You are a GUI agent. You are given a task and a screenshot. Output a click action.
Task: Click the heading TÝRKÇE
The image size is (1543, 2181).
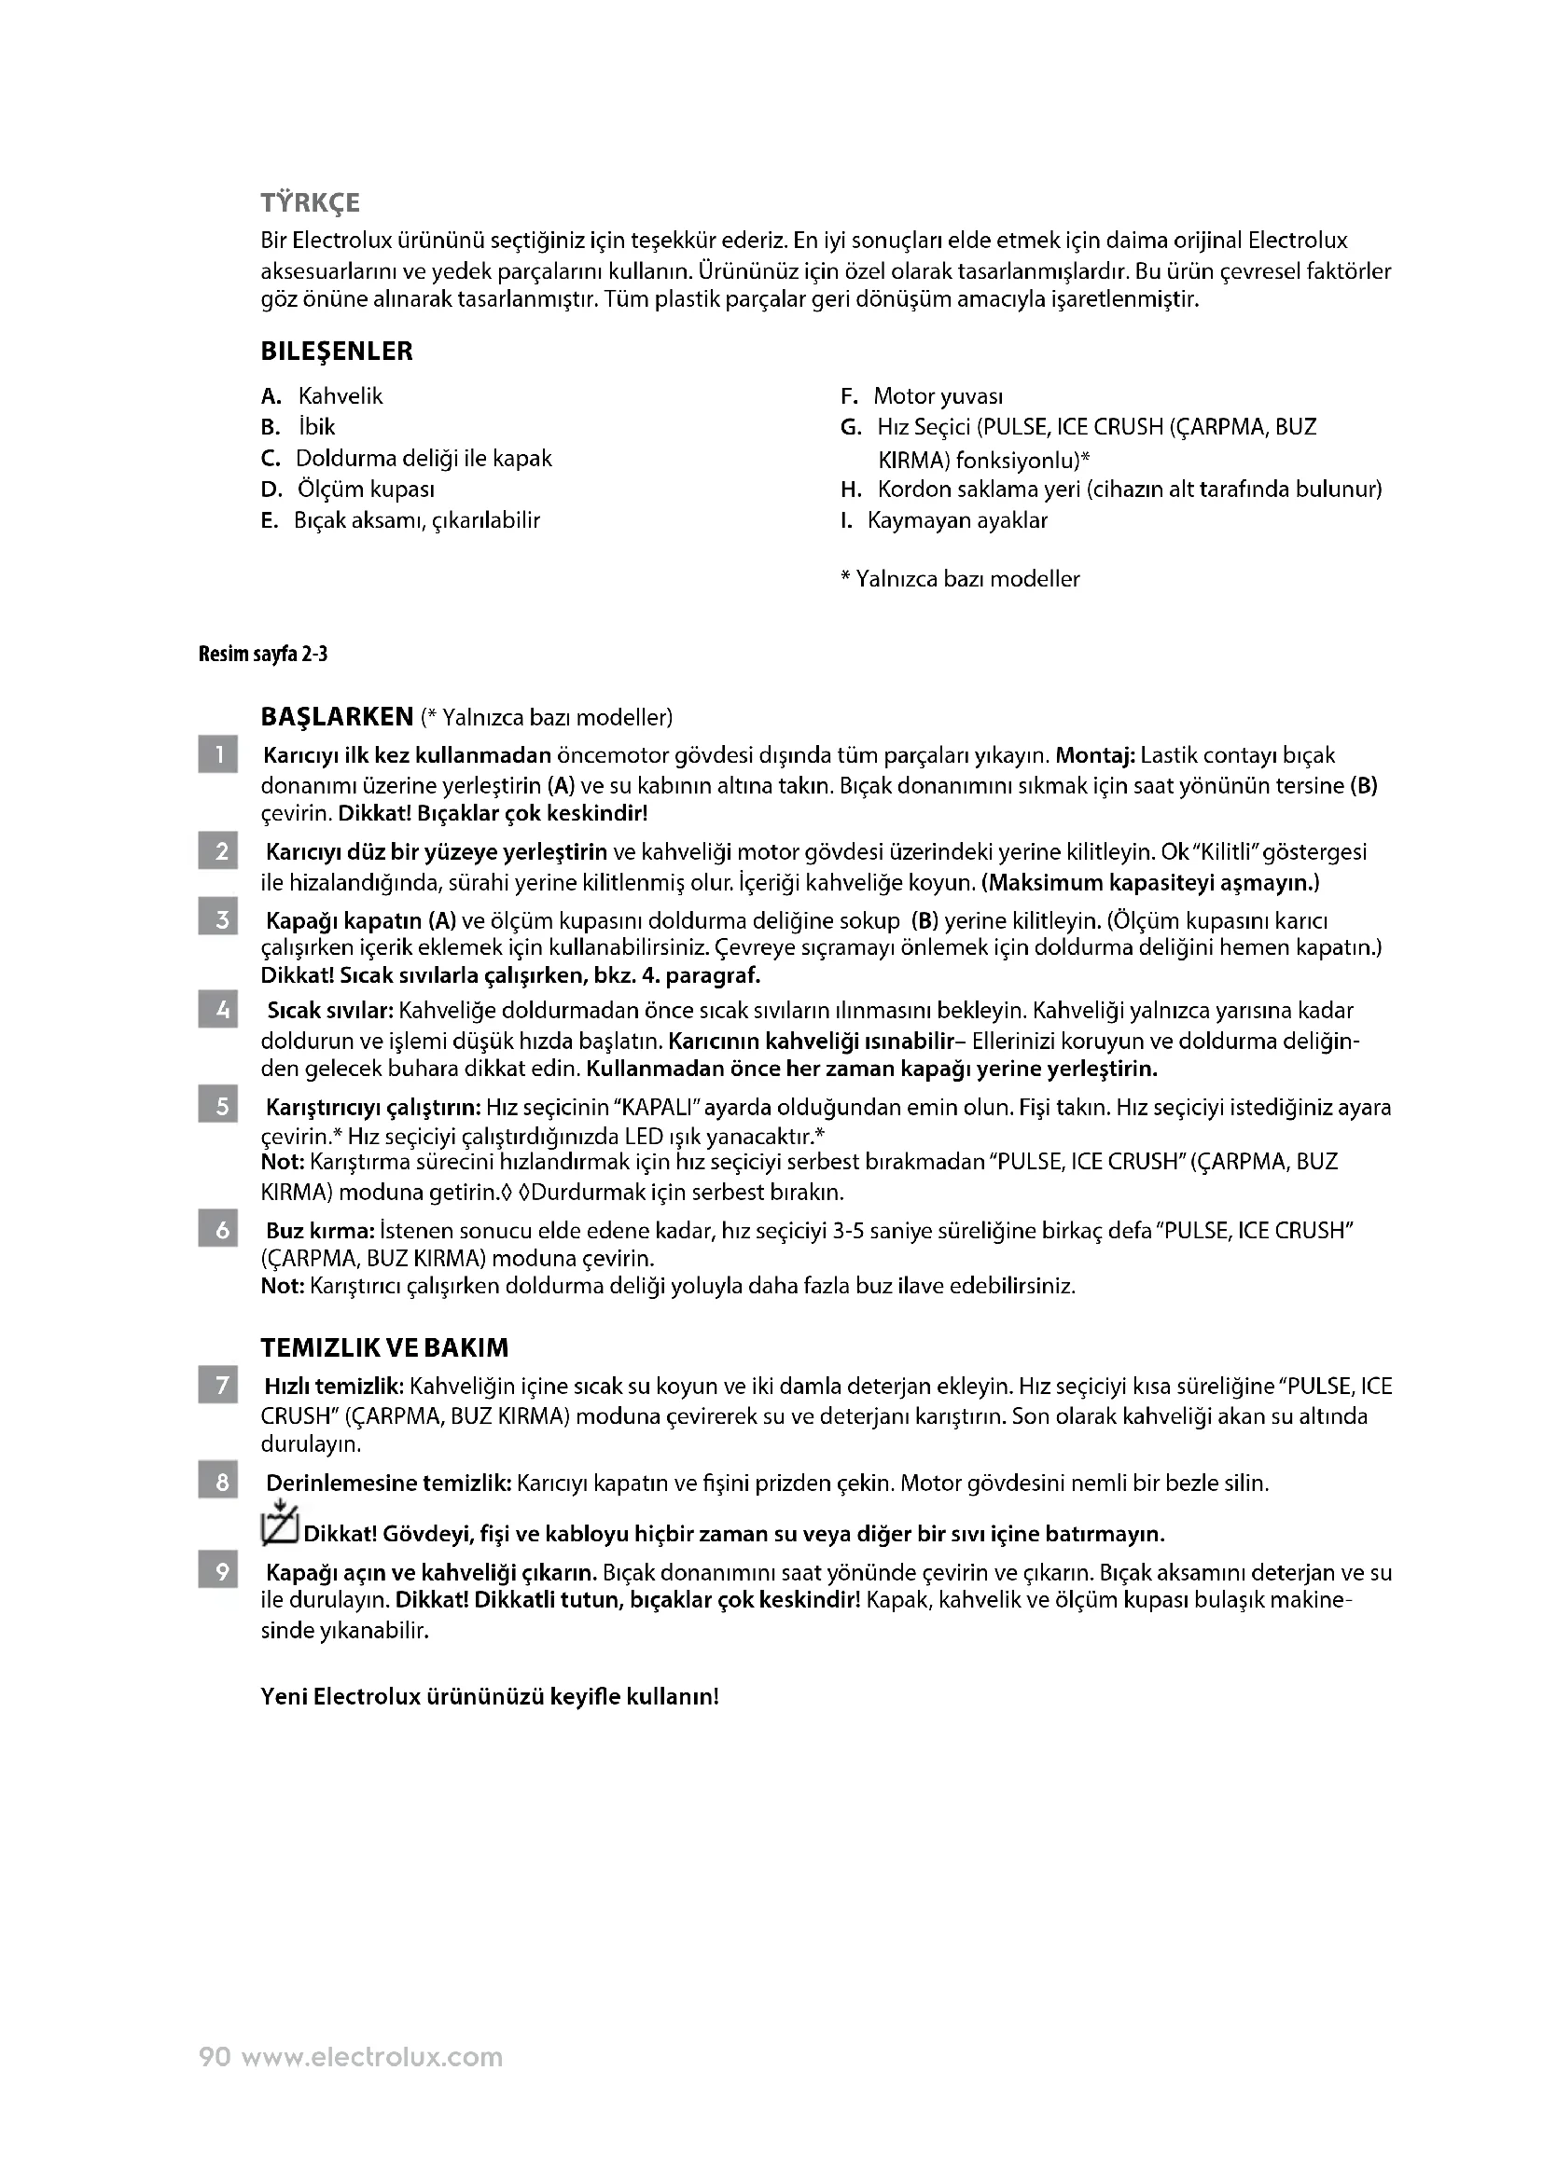310,203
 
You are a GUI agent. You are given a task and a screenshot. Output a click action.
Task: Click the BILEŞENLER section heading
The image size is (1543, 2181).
337,352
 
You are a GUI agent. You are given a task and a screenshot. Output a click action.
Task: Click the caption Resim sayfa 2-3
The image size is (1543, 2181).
262,655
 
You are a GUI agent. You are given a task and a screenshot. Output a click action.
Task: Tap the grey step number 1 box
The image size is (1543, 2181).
217,755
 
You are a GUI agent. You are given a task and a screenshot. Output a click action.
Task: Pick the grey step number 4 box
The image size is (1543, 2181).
217,1010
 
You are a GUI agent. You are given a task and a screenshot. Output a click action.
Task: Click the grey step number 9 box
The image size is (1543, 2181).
217,1572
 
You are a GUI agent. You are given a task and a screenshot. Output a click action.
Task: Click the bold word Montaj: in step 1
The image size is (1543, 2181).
1094,756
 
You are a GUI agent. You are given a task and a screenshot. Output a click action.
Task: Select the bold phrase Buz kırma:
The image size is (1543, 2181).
319,1231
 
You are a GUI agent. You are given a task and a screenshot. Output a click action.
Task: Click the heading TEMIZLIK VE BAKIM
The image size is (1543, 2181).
383,1348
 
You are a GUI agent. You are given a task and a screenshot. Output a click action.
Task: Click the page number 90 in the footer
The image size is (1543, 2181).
215,2057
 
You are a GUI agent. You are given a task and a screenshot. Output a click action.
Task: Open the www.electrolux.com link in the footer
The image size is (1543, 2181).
371,2057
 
